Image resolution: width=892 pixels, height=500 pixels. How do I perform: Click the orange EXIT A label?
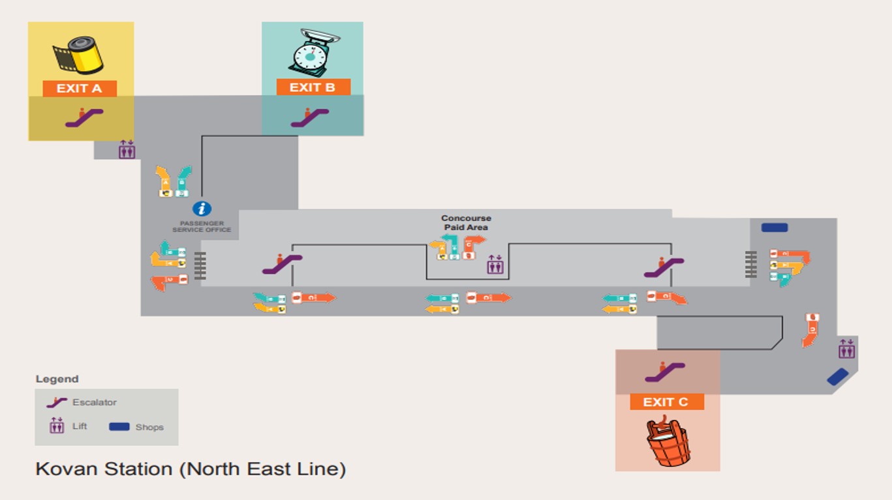(80, 89)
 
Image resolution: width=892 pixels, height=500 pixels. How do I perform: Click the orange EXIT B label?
(313, 87)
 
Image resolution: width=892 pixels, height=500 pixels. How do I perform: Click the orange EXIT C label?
(666, 402)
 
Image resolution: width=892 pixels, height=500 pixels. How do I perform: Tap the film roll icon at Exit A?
(78, 55)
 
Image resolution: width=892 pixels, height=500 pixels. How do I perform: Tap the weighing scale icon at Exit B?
(313, 53)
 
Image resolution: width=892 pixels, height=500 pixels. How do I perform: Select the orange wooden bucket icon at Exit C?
(668, 443)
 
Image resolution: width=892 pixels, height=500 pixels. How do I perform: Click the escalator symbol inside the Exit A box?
(84, 117)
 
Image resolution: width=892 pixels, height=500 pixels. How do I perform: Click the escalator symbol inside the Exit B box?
(309, 117)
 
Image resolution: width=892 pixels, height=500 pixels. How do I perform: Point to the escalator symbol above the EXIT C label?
(664, 372)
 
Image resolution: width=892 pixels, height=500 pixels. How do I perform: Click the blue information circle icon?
(202, 209)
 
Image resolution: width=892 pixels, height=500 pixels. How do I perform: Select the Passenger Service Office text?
(202, 227)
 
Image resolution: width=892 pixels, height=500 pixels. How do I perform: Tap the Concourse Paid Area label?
(466, 223)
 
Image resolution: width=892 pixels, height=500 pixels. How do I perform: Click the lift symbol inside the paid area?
(495, 265)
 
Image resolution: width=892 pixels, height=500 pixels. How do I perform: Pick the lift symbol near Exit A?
(127, 149)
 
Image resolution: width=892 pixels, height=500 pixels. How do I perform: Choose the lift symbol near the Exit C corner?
(846, 349)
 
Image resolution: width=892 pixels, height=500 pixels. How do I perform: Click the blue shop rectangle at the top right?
(775, 228)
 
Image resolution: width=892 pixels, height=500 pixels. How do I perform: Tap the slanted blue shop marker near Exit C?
(837, 377)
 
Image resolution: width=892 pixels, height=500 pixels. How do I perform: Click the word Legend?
(57, 379)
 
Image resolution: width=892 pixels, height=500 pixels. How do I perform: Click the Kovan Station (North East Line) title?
(190, 469)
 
